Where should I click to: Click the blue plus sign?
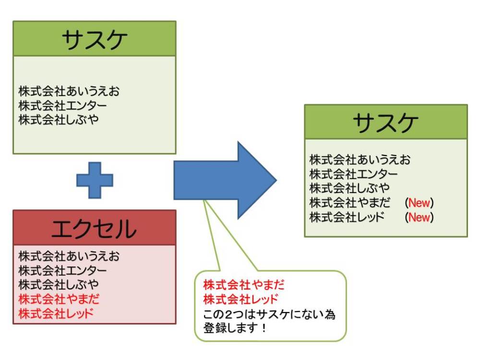coord(95,180)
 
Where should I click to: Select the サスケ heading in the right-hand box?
coord(385,122)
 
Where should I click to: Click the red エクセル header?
coord(95,228)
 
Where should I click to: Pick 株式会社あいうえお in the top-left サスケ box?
coord(69,91)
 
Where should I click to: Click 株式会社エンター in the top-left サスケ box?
coord(63,105)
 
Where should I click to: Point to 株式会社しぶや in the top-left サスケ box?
coord(59,119)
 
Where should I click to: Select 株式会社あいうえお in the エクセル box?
coord(69,256)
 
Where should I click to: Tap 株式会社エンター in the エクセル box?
coord(63,270)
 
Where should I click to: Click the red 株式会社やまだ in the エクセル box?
coord(59,299)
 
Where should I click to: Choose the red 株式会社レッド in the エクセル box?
coord(56,313)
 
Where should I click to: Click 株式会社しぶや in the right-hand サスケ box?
coord(349,188)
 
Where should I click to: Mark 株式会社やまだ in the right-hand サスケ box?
coord(349,202)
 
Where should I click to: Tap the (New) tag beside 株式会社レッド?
coord(419,217)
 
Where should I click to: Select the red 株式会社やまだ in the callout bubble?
coord(244,285)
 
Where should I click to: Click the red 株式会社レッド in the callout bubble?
coord(241,300)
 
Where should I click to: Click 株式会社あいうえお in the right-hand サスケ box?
coord(360,159)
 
